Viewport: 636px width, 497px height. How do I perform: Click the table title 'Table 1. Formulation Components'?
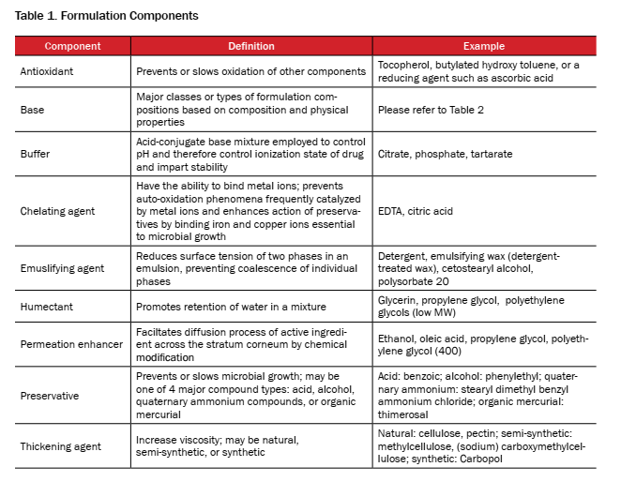point(107,16)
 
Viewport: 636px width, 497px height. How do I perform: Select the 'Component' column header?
point(72,46)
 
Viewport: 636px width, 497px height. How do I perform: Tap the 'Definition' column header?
point(251,46)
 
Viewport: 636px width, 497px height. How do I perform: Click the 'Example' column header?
point(483,46)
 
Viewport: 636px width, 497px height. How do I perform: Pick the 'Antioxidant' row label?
point(48,71)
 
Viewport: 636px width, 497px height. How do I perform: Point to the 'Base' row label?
point(32,110)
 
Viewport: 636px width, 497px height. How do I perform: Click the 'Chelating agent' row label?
point(57,211)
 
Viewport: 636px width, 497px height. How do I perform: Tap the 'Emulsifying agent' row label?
point(62,268)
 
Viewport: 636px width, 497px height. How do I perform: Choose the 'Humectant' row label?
point(45,307)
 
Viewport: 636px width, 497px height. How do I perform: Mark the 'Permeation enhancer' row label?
point(71,344)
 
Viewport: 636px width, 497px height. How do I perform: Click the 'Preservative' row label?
point(50,395)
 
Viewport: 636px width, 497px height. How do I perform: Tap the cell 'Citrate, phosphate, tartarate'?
point(445,154)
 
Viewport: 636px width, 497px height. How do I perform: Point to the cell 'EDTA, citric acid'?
point(415,211)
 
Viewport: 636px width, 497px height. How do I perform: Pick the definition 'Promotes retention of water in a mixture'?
point(234,307)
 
